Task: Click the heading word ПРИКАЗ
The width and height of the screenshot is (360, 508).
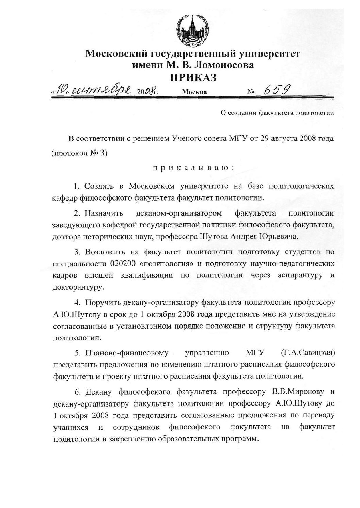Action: (x=193, y=78)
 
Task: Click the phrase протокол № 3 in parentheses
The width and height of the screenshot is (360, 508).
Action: (x=79, y=153)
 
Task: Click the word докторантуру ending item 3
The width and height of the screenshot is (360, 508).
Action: (x=78, y=287)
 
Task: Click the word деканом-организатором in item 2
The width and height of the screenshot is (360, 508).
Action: (x=178, y=213)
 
